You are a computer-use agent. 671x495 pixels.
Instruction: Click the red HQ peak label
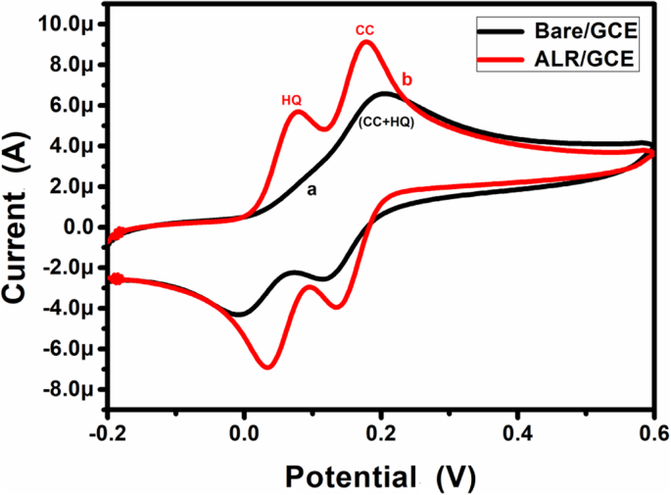(291, 100)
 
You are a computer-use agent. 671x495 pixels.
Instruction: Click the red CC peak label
(364, 30)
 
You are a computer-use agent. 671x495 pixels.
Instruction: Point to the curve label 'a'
(312, 191)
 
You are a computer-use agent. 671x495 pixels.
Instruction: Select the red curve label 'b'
(407, 78)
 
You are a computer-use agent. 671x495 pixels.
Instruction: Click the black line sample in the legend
(503, 33)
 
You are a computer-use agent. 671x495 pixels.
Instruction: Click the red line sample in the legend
(503, 61)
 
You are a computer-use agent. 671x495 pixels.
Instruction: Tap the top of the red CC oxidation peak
(366, 42)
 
